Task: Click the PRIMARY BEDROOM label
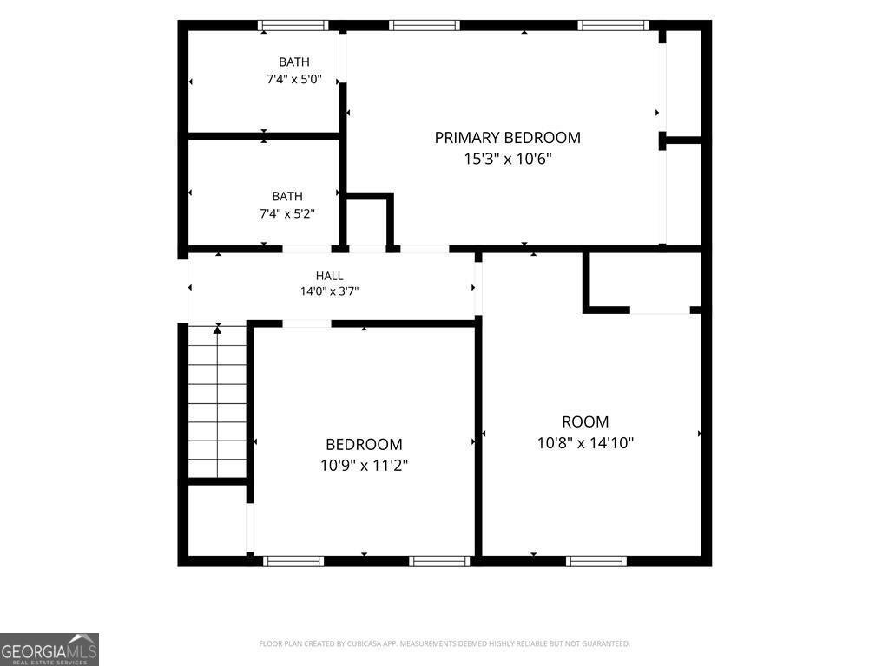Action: click(x=507, y=138)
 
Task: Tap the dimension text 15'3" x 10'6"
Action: click(x=507, y=159)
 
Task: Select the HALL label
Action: click(x=329, y=276)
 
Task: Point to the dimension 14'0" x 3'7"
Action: click(x=329, y=291)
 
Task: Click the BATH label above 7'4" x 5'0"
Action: click(x=294, y=62)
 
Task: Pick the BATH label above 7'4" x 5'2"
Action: click(x=287, y=196)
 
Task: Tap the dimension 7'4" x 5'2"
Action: click(x=287, y=213)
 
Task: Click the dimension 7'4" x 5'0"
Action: click(x=294, y=79)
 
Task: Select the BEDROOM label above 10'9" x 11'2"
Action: click(x=364, y=444)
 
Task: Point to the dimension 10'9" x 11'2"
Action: click(x=364, y=465)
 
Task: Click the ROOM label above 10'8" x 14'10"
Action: click(x=585, y=422)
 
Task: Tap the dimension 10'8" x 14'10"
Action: click(x=585, y=442)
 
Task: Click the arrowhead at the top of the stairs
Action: click(x=218, y=329)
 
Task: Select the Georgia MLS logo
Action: click(x=49, y=650)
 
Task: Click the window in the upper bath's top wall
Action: click(x=293, y=25)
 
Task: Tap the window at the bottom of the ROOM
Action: click(x=596, y=561)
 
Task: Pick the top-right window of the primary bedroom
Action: click(x=613, y=25)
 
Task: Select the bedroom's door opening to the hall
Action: click(x=306, y=324)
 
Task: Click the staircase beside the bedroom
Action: click(x=218, y=402)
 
